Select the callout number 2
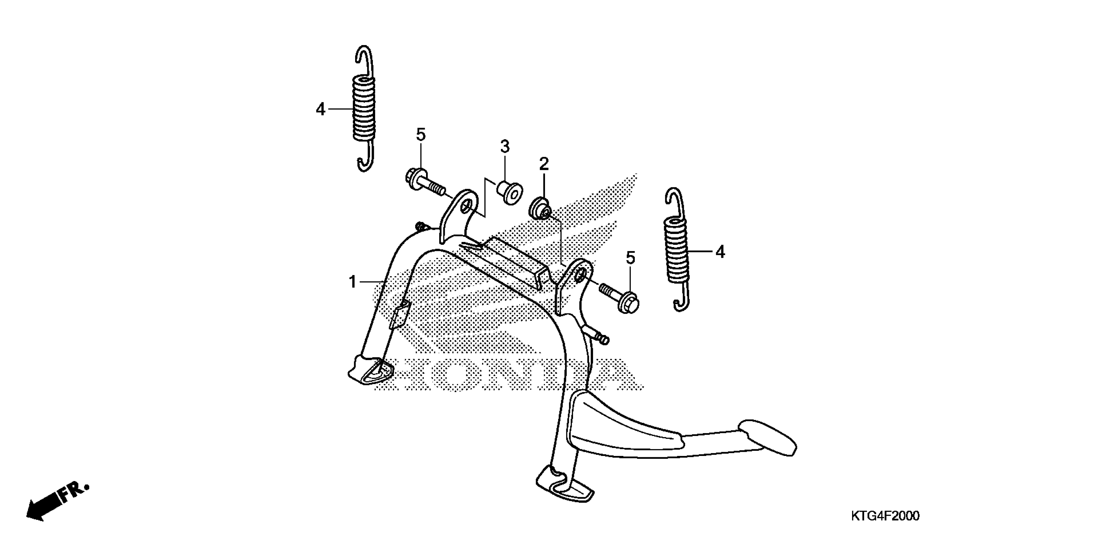pos(544,164)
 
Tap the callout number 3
pos(505,147)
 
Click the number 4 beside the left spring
pos(321,110)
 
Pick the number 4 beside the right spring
pos(720,252)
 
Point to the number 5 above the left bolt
pos(421,135)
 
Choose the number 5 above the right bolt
pos(630,258)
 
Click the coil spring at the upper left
pos(364,108)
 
